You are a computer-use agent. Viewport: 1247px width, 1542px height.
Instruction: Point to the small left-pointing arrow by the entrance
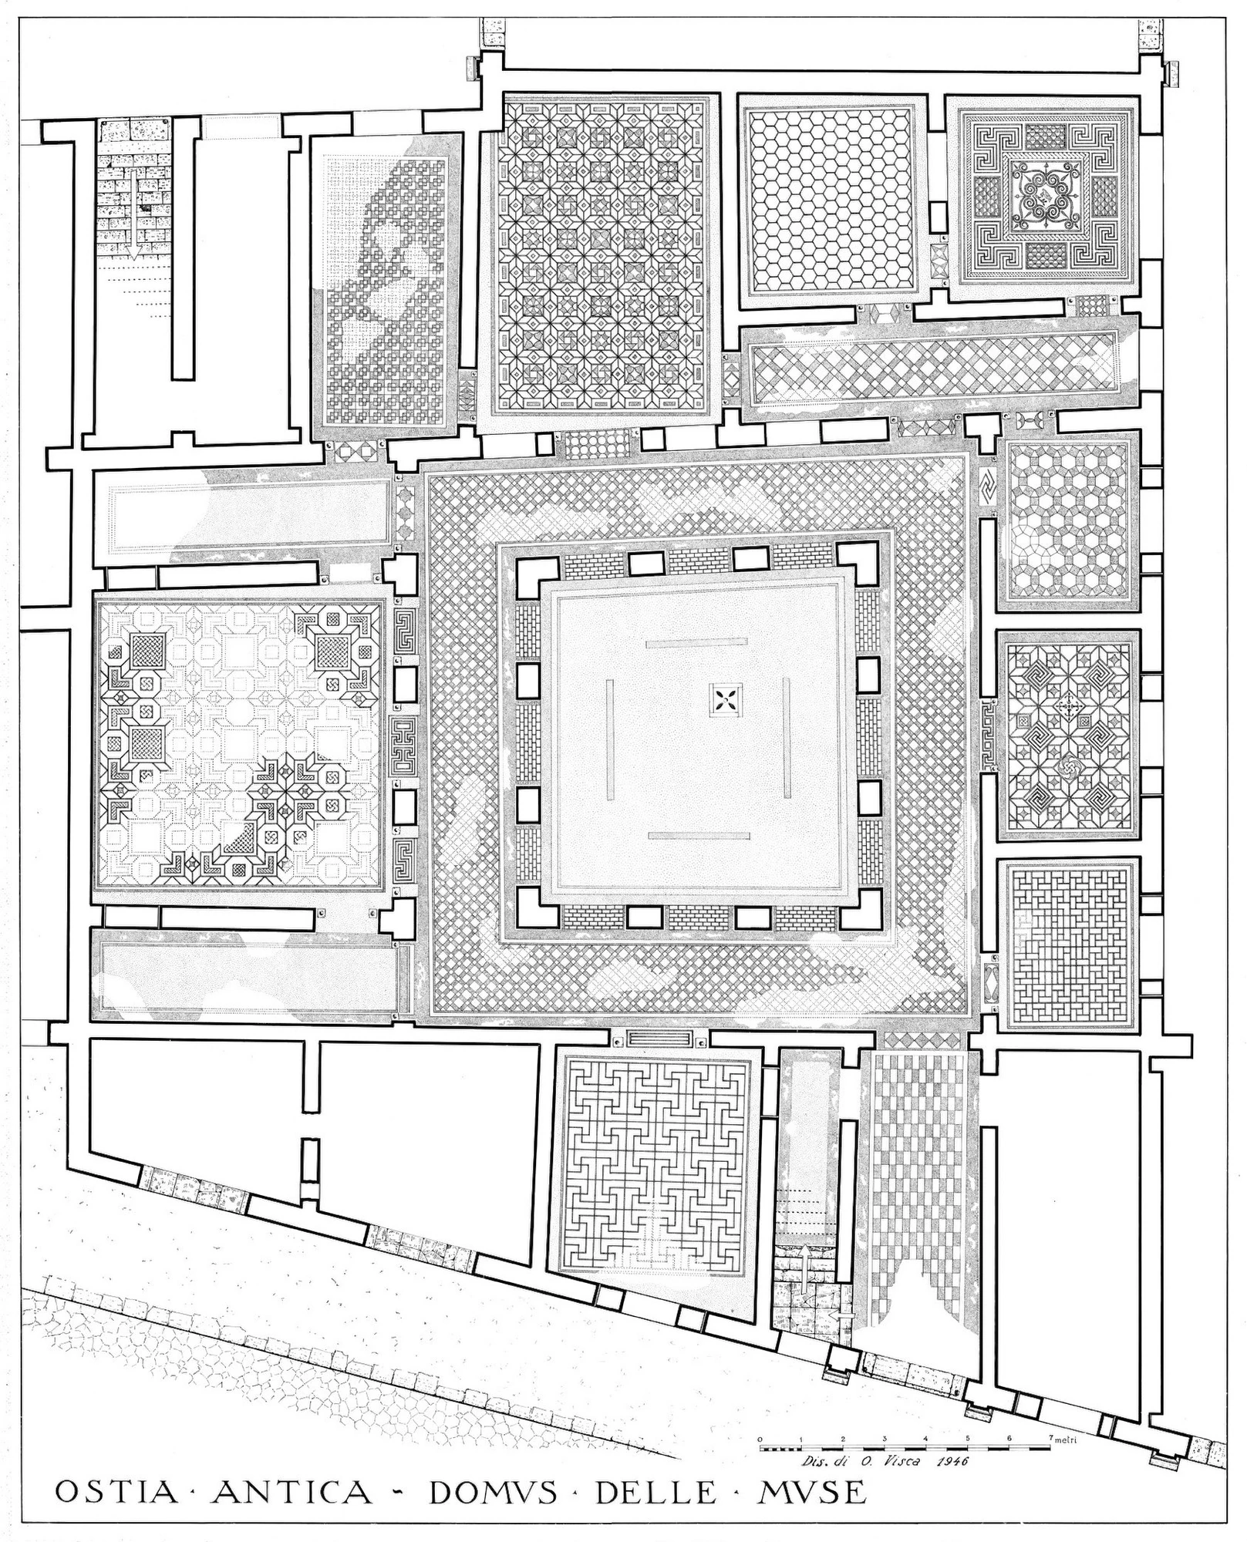pyautogui.click(x=847, y=1312)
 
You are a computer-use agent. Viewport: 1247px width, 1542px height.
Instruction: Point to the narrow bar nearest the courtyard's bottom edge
pyautogui.click(x=699, y=836)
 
